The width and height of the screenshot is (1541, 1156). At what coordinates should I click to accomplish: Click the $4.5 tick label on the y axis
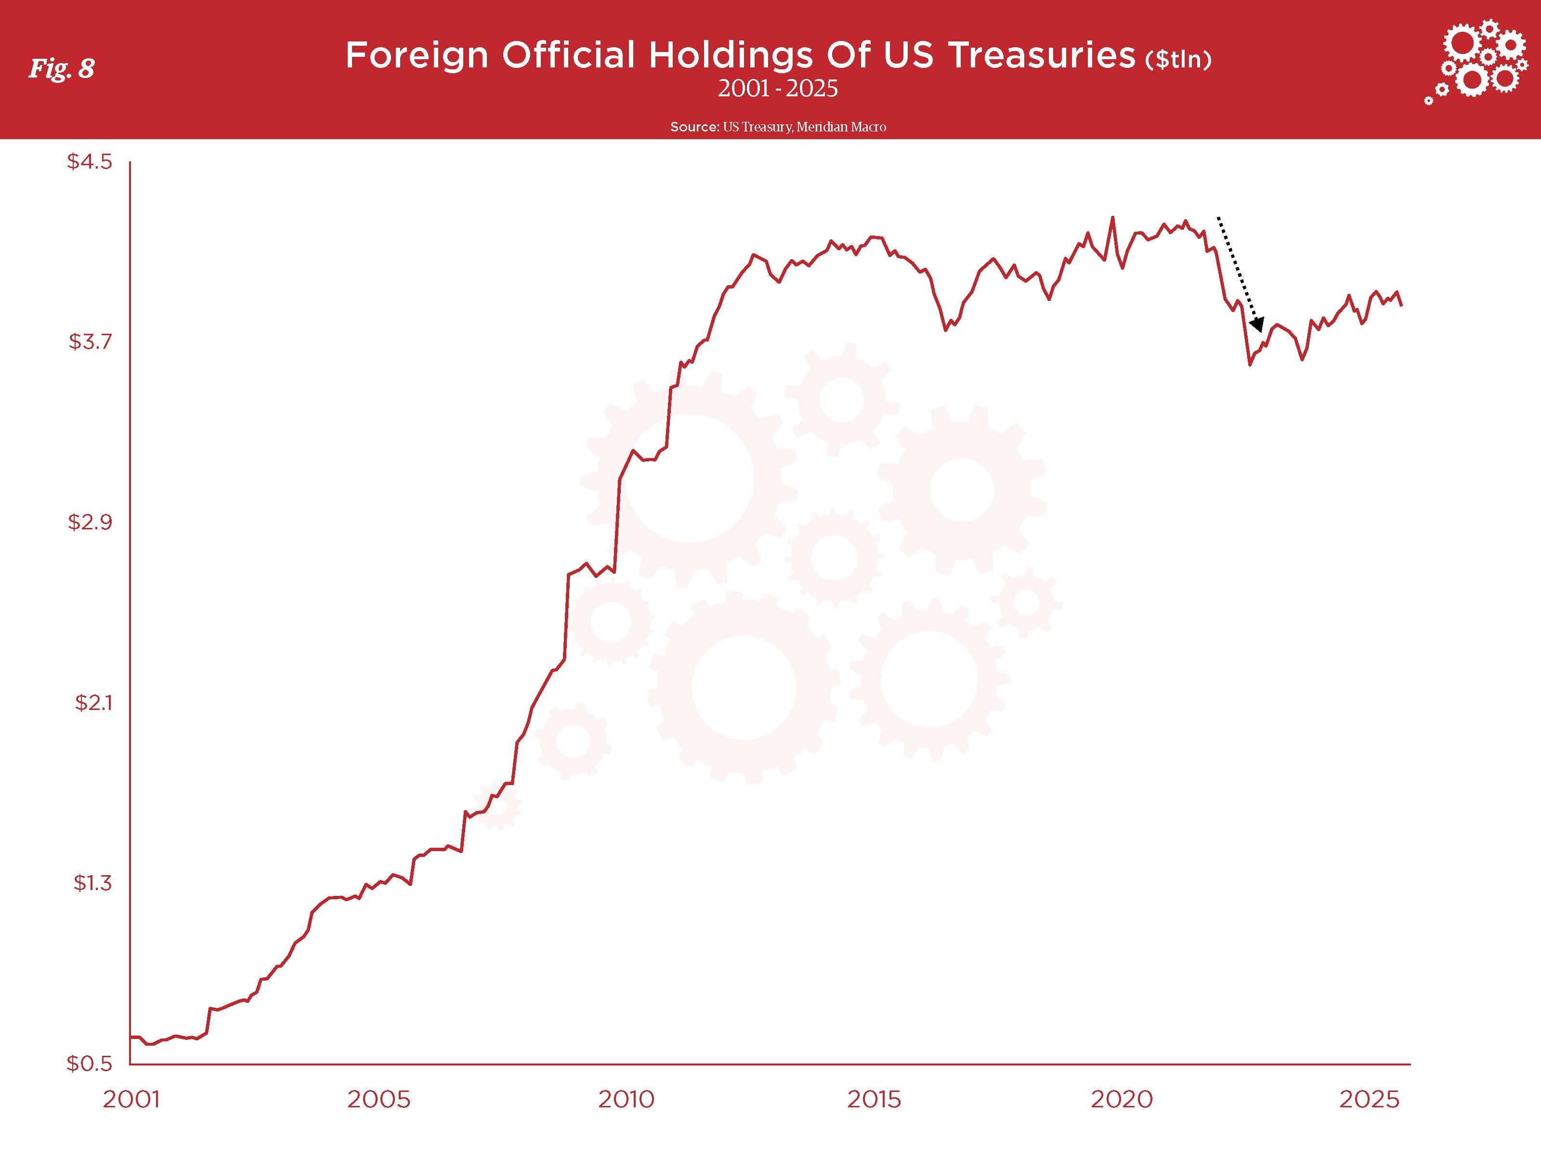pos(89,162)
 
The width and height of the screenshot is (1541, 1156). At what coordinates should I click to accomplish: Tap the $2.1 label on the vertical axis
pos(92,702)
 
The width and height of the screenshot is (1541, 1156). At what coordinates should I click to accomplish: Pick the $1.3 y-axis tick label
pos(92,883)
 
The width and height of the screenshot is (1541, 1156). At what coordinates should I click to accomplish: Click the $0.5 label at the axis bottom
pos(89,1064)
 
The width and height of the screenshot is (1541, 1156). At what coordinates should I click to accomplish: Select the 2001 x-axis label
pos(131,1100)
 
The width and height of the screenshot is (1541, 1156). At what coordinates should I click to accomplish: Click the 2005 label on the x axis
pos(379,1100)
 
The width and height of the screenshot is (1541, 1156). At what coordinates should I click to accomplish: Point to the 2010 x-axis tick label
pos(627,1100)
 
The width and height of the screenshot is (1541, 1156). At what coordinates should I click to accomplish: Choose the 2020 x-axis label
pos(1122,1100)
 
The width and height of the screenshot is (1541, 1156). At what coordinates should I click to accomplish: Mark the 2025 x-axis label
pos(1369,1100)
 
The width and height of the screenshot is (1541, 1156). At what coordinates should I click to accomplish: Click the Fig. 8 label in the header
pos(61,68)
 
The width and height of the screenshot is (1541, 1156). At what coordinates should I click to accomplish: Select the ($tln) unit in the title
pos(1178,60)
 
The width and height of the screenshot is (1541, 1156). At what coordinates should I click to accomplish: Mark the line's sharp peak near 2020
pos(1112,217)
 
